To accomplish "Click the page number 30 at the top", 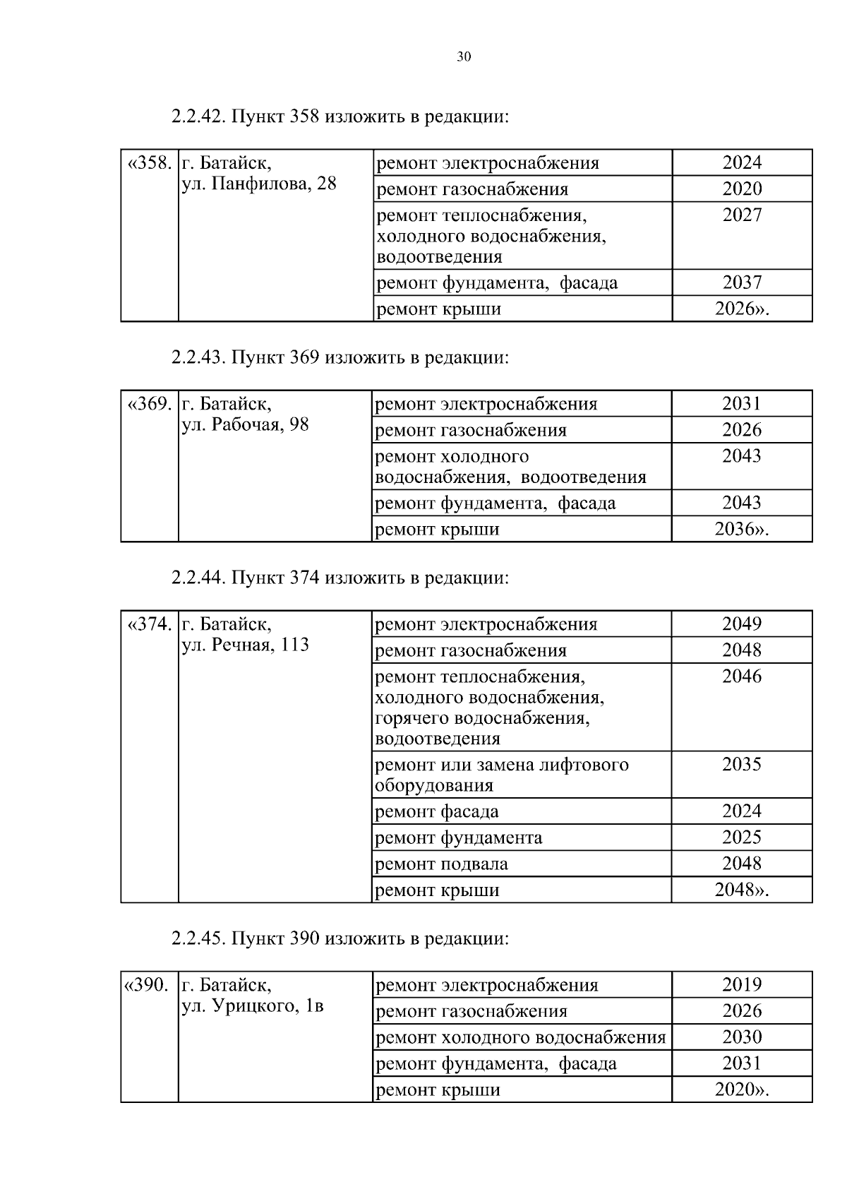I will [x=463, y=57].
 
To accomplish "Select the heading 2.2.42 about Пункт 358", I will [x=339, y=117].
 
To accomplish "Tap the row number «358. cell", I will [x=150, y=164].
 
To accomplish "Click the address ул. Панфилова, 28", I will [x=259, y=184].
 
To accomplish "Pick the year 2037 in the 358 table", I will [x=742, y=283].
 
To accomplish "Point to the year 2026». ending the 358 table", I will [x=742, y=309].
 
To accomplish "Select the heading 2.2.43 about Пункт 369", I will [x=339, y=357].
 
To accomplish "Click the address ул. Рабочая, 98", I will [x=245, y=425].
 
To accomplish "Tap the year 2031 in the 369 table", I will [x=742, y=404].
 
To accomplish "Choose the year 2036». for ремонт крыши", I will [x=742, y=530].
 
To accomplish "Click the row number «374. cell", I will [x=150, y=625].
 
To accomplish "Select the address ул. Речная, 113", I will [x=245, y=645].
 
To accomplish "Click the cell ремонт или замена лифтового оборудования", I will [x=501, y=775].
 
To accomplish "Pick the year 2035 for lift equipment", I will [x=742, y=765].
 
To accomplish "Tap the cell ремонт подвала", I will [x=441, y=864].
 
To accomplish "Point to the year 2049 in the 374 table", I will [x=742, y=624].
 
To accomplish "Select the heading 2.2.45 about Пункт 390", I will [x=339, y=938].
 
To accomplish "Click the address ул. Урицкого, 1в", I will [x=253, y=1006].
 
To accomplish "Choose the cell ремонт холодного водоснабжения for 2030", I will [x=521, y=1037].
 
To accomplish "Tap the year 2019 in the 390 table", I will [x=742, y=985].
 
